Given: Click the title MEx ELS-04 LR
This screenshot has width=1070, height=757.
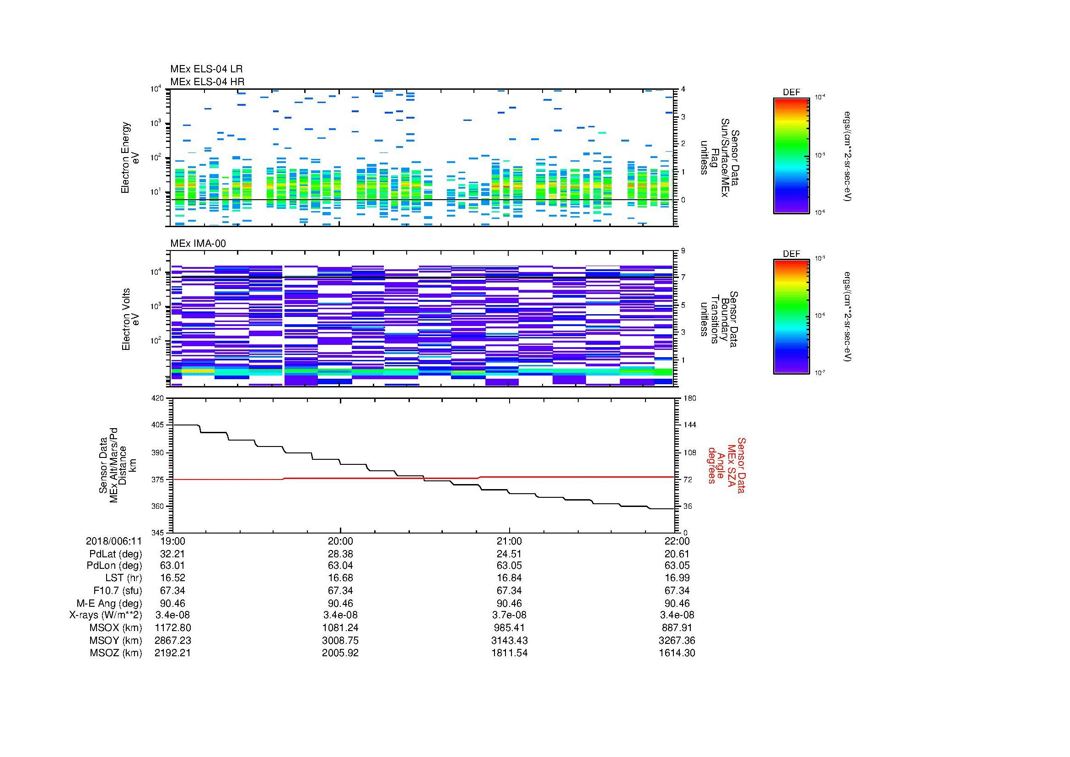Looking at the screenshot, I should [x=206, y=69].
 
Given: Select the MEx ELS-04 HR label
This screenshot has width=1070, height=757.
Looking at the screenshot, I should [x=207, y=82].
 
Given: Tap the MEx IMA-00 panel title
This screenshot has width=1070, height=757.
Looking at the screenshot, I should [x=198, y=244].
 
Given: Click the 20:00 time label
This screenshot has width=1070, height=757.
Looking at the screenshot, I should [x=340, y=541].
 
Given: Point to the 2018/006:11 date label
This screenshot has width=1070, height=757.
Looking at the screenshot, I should [x=114, y=541].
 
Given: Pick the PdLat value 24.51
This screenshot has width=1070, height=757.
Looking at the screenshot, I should [x=509, y=554].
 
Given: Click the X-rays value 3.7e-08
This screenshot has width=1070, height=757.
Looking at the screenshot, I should [x=509, y=615].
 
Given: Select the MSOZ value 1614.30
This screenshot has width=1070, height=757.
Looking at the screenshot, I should [x=677, y=653].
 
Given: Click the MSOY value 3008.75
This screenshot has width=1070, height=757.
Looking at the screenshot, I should [x=340, y=640].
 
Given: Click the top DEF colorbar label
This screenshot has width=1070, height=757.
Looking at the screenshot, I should [x=791, y=93].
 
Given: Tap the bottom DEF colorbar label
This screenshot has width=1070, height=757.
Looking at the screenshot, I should [x=791, y=254].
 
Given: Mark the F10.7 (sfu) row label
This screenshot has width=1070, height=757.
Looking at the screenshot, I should [x=118, y=590].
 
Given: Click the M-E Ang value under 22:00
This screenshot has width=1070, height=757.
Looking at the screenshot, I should [x=677, y=603].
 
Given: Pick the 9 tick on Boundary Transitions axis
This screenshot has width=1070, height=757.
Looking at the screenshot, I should [x=683, y=251].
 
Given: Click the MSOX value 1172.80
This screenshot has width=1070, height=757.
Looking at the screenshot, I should [x=172, y=628].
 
